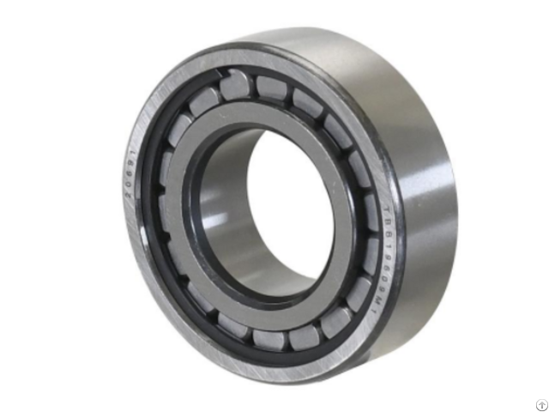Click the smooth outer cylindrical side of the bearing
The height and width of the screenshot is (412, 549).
[x=429, y=172]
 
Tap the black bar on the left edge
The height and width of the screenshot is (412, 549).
[x=21, y=206]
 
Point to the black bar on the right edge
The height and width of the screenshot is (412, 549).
[x=528, y=206]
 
